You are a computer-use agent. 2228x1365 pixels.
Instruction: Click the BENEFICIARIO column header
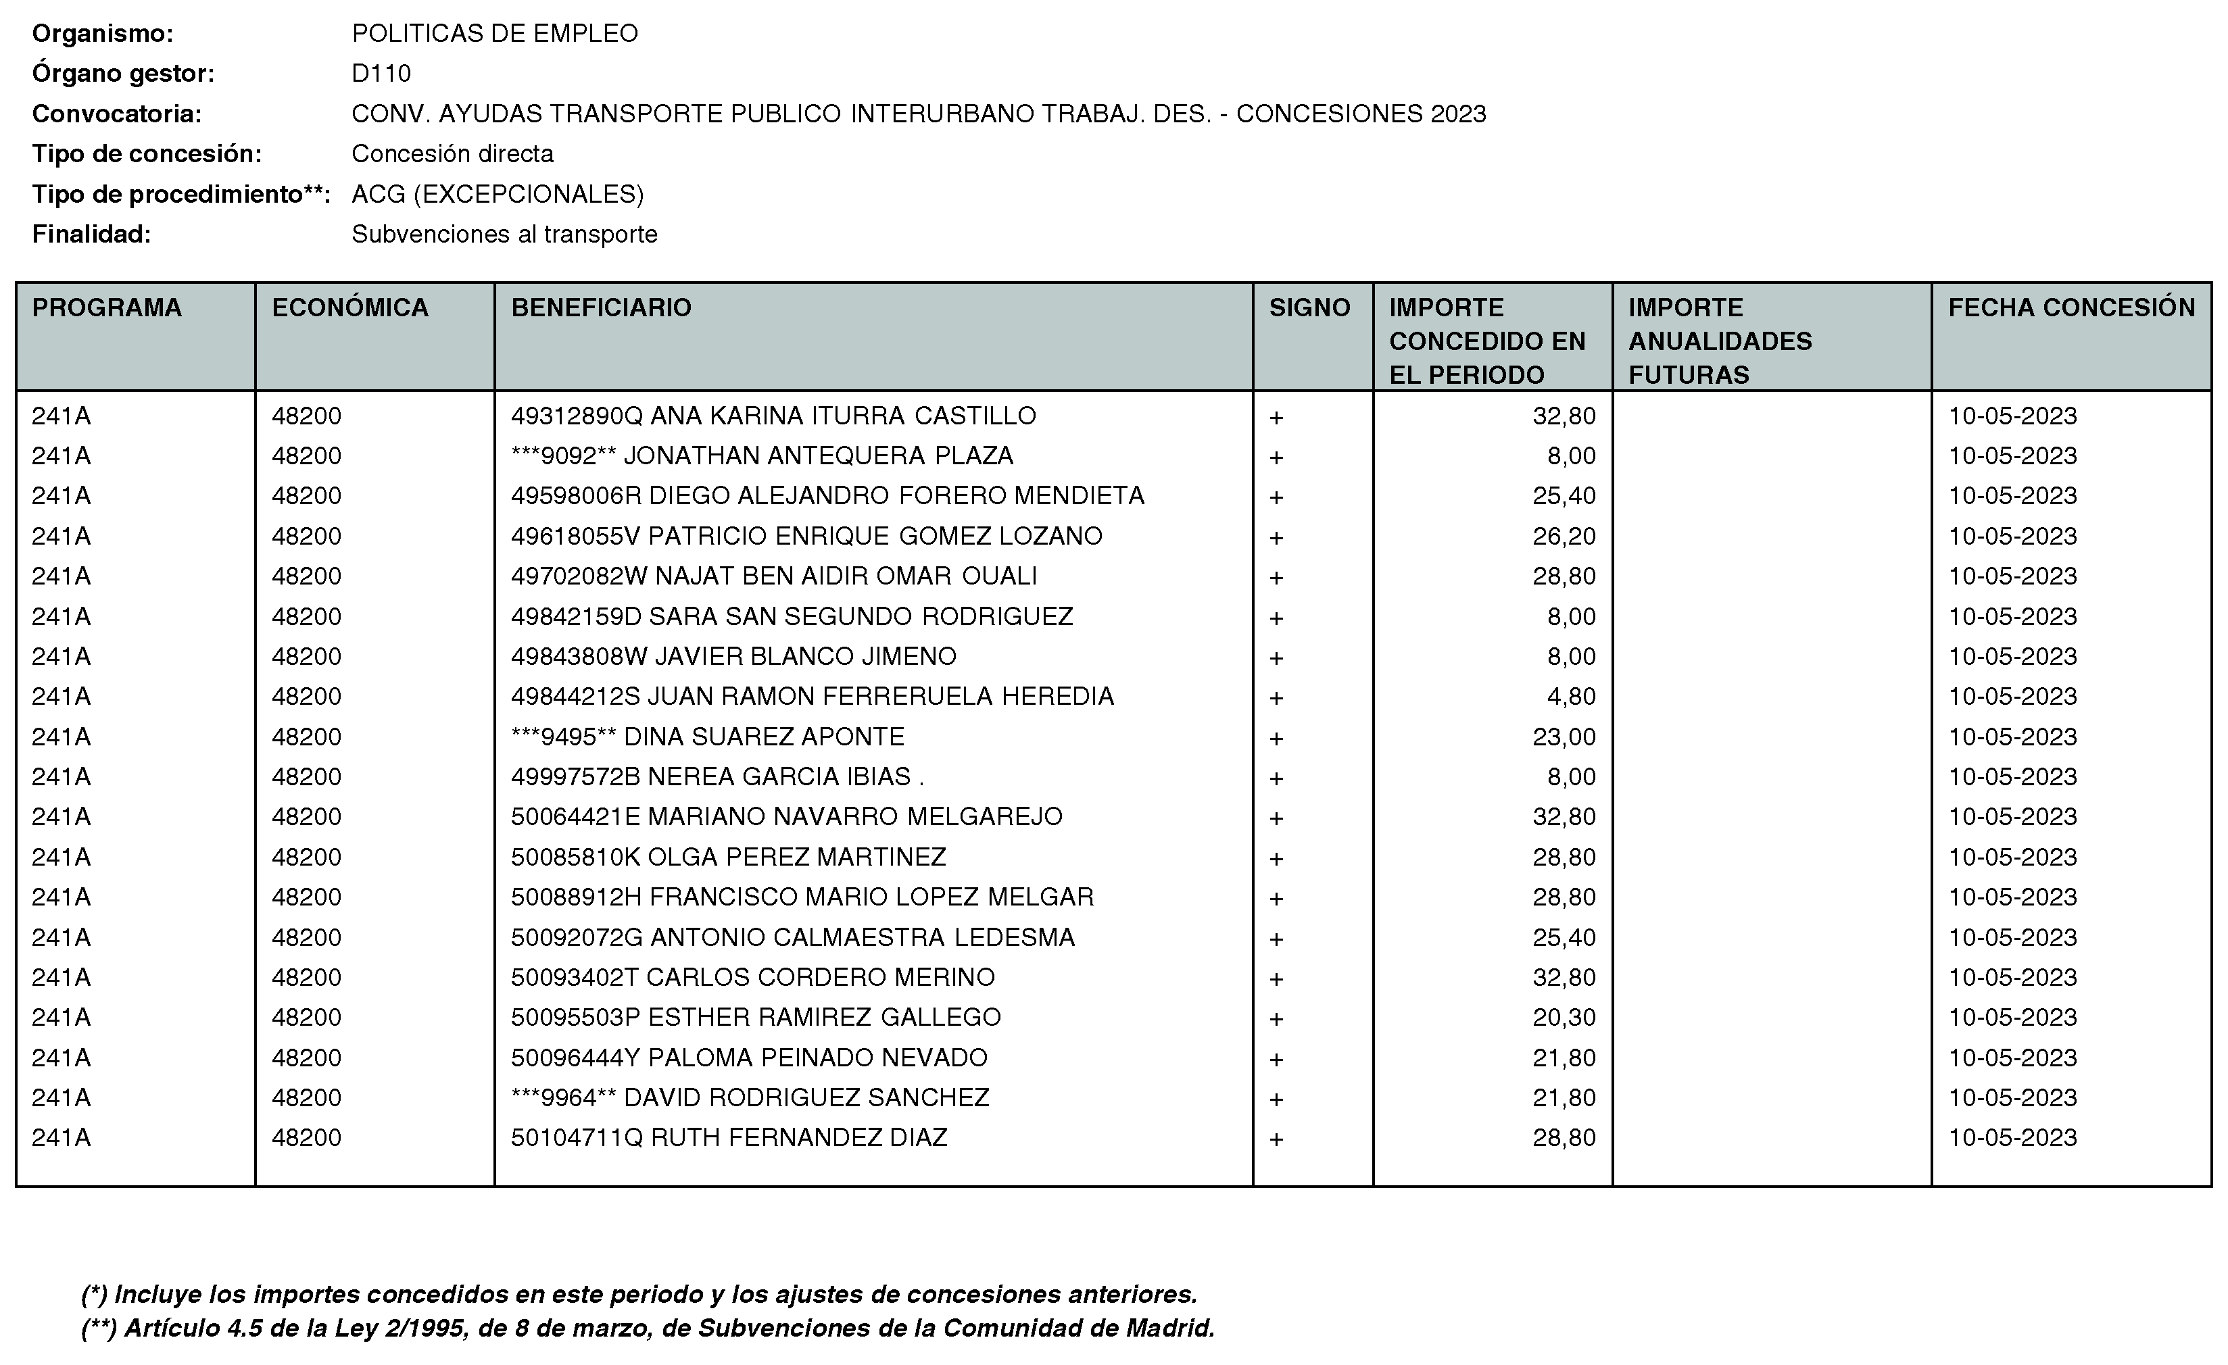(602, 308)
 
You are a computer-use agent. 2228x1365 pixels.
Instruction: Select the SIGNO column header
(1309, 308)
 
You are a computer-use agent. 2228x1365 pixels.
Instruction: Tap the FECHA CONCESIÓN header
(2070, 308)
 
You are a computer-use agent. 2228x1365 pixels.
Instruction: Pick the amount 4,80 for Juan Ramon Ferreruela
(1572, 697)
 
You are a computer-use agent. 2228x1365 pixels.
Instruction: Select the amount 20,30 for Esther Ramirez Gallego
(1564, 1018)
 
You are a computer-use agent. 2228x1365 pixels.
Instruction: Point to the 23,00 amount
(1564, 737)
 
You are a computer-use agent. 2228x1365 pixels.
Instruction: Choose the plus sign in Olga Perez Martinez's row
(1276, 858)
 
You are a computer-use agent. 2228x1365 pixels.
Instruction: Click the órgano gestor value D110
(381, 73)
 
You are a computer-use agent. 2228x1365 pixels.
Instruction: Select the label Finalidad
(91, 234)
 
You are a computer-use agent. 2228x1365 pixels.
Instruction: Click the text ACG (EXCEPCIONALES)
(498, 195)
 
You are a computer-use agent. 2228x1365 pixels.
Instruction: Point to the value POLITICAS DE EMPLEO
(495, 33)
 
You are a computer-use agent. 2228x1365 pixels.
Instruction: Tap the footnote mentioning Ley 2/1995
(648, 1328)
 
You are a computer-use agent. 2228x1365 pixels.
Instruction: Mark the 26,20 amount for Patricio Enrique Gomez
(1564, 536)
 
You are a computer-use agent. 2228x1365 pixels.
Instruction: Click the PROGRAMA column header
(107, 308)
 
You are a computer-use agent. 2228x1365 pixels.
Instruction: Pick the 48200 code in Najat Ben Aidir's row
(306, 576)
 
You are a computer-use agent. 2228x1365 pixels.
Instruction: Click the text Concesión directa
(452, 153)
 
